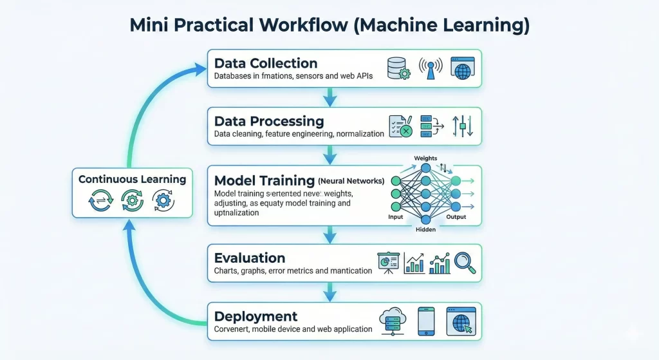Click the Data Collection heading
[x=266, y=63]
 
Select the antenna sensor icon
[x=430, y=68]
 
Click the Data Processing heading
[x=269, y=121]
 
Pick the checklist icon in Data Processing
[x=400, y=126]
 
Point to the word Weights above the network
[x=425, y=158]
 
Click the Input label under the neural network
[x=396, y=218]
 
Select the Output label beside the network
[x=456, y=218]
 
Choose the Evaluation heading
[x=250, y=258]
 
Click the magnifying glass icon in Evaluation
[x=464, y=261]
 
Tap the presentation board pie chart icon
[x=388, y=262]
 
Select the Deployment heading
[x=255, y=316]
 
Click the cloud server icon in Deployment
[x=392, y=320]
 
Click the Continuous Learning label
[x=132, y=179]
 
